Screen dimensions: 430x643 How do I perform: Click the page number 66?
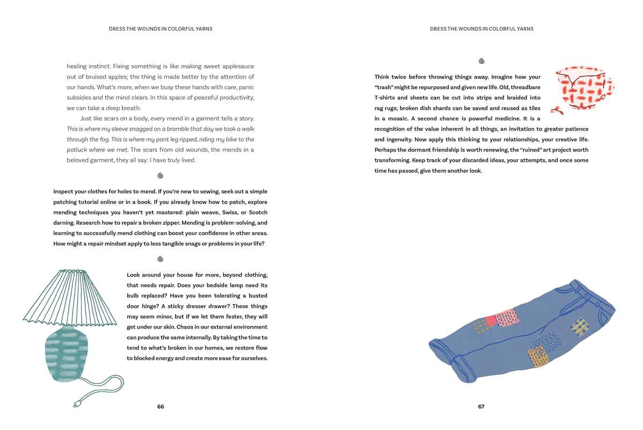pos(160,407)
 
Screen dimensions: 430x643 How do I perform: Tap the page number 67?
pos(481,407)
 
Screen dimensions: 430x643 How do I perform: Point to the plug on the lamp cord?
pos(77,403)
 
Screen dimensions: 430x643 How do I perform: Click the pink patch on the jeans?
pos(506,318)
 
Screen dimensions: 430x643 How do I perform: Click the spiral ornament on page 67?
pos(481,61)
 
